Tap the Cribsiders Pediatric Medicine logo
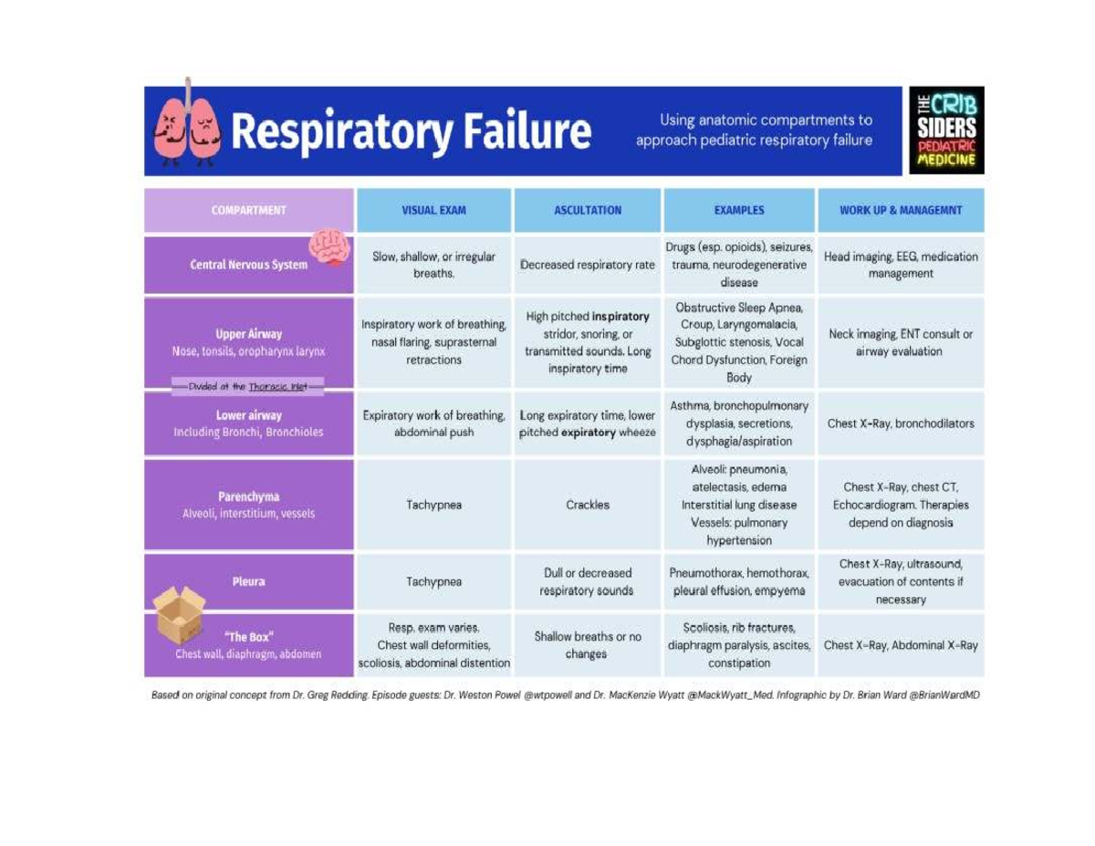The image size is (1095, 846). click(946, 131)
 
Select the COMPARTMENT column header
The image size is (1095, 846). click(248, 210)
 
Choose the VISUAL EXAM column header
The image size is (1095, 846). click(433, 210)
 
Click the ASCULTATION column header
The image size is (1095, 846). click(588, 210)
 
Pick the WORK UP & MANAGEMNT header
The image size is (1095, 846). click(901, 210)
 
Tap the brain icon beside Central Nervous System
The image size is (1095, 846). click(328, 247)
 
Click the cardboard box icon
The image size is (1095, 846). click(179, 614)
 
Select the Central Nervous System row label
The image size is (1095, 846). click(248, 266)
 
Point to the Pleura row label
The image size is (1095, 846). click(248, 581)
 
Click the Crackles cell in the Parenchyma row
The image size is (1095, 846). click(588, 505)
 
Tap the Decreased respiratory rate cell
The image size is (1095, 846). click(588, 266)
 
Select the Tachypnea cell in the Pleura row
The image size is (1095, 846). click(433, 581)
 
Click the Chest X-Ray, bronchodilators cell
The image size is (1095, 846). click(901, 423)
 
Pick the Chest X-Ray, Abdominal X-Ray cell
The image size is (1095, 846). click(901, 645)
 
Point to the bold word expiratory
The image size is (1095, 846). click(587, 433)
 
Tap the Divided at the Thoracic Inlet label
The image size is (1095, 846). click(248, 387)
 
